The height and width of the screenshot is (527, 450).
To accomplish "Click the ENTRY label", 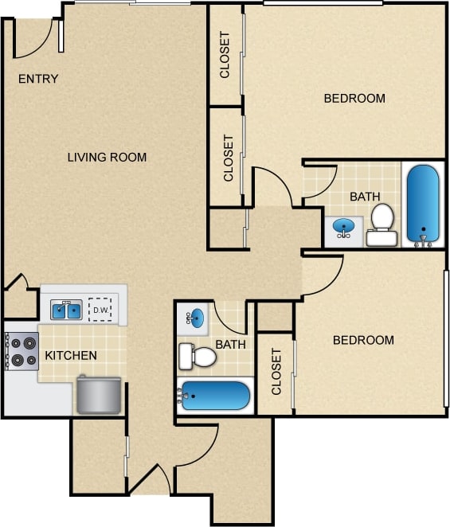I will (38, 79).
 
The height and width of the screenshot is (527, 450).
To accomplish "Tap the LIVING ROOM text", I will (107, 157).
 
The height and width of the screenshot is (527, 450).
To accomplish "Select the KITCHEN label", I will (71, 355).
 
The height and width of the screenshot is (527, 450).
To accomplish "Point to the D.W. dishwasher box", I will (100, 309).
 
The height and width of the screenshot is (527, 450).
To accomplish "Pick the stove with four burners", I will (22, 351).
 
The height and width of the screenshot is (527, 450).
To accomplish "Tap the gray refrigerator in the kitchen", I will (99, 395).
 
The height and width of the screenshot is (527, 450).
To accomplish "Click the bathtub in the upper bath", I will (422, 204).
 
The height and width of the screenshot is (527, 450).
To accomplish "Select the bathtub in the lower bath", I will (215, 395).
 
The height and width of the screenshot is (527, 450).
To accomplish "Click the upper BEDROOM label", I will (354, 99).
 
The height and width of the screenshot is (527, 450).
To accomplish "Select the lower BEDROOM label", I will (363, 340).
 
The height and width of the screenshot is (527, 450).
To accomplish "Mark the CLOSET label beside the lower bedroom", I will (277, 373).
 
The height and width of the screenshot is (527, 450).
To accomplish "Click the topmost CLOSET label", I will (225, 55).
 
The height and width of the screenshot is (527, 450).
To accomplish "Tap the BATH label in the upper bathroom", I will (365, 197).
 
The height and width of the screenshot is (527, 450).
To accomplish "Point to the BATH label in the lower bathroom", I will (231, 345).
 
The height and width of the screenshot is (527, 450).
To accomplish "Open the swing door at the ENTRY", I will (36, 40).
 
